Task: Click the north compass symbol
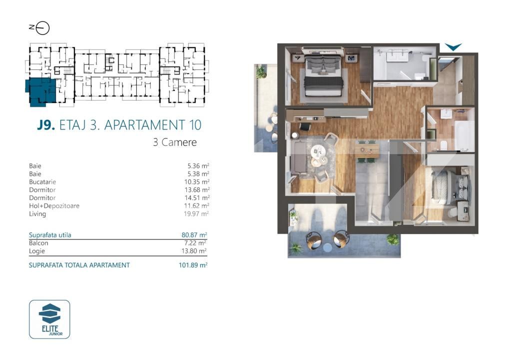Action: pos(42,28)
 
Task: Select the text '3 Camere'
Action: pos(174,142)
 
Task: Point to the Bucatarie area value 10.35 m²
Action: pos(196,182)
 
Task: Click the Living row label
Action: pos(37,214)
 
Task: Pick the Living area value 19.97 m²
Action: pos(196,214)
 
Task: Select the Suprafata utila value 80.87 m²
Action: pos(194,234)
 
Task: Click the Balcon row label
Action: pos(39,242)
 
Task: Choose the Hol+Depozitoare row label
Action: pos(54,206)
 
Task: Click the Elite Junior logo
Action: pos(49,319)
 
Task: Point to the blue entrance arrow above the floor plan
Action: pos(453,47)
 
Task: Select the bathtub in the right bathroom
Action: pos(464,135)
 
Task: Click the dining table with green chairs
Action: pos(367,148)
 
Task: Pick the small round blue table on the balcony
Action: pos(327,247)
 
